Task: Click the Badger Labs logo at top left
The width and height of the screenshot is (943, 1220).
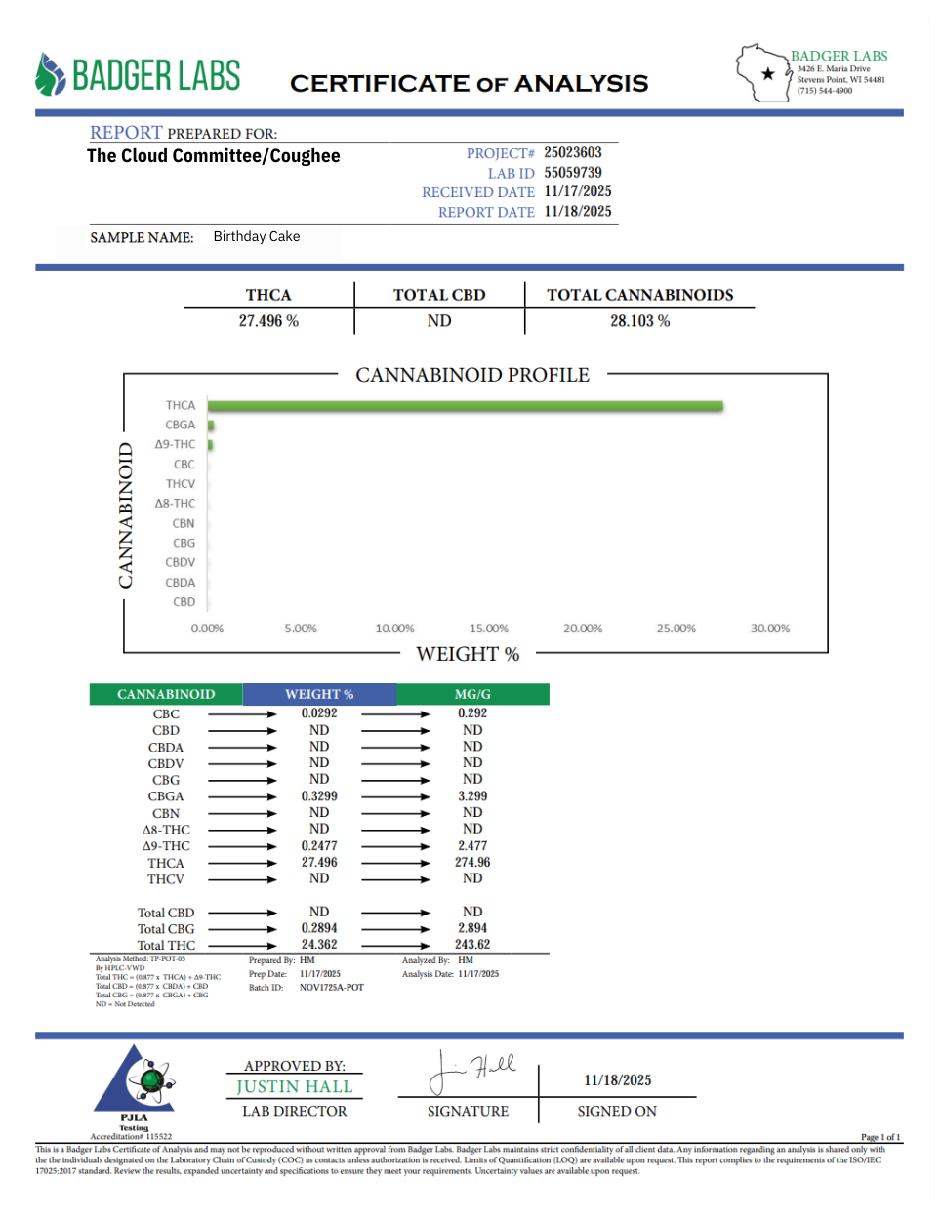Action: [138, 75]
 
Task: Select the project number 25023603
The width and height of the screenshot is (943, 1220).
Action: [573, 152]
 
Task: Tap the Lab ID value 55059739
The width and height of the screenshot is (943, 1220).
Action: [573, 173]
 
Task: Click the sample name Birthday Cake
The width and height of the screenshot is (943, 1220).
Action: [257, 236]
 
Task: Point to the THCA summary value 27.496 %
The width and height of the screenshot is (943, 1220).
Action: [268, 321]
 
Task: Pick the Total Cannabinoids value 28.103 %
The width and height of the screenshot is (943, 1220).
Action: [639, 321]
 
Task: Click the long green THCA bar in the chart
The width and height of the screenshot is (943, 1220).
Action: [465, 406]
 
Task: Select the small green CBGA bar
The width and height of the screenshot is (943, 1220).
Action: [211, 426]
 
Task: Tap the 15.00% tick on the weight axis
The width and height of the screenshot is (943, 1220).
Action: [489, 629]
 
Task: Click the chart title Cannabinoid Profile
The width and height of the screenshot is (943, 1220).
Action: [472, 375]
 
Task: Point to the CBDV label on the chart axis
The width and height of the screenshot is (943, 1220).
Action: [181, 562]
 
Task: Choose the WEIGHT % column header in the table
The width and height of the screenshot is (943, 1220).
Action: [319, 694]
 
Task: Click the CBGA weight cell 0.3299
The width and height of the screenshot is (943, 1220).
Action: [319, 796]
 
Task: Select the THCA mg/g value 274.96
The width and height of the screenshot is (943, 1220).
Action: [472, 863]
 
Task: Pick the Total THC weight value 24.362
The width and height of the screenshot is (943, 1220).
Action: [319, 945]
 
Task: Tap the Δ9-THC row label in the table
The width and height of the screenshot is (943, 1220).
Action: [166, 846]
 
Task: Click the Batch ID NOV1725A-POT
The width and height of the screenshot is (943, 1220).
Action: [331, 988]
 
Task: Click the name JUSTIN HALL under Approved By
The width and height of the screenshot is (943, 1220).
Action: [294, 1087]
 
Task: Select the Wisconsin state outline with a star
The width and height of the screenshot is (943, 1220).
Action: [762, 73]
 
